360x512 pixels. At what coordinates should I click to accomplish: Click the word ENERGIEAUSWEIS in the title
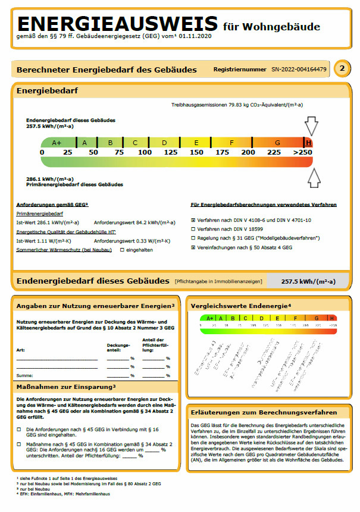(x=118, y=24)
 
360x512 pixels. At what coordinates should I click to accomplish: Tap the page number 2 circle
(x=342, y=69)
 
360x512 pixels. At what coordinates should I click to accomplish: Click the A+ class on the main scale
(x=57, y=143)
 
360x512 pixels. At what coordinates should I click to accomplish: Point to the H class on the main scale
(x=308, y=143)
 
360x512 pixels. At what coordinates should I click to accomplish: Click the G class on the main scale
(x=277, y=143)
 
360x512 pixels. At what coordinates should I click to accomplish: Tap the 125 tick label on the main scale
(x=171, y=152)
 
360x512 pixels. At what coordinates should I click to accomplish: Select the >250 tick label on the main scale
(x=303, y=152)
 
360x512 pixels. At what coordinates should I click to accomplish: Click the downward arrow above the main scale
(x=311, y=126)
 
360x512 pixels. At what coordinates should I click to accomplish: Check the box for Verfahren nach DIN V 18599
(x=193, y=229)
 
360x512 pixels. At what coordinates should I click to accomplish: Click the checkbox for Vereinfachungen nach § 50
(x=193, y=247)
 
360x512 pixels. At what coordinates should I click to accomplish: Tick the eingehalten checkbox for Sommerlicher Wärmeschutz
(x=122, y=250)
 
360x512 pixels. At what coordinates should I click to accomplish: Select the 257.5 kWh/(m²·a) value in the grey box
(x=308, y=281)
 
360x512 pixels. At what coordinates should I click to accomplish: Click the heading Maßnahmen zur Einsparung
(x=65, y=387)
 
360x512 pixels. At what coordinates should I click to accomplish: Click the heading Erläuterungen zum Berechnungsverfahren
(x=264, y=412)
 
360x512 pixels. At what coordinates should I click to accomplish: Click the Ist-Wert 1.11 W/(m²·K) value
(x=44, y=241)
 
